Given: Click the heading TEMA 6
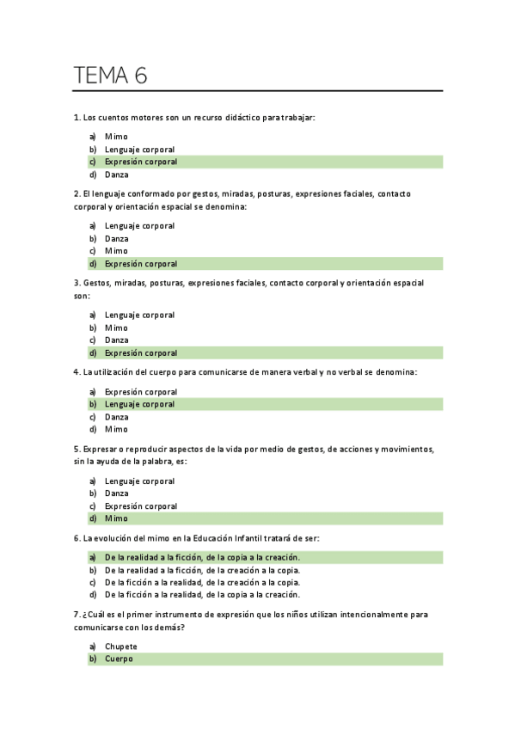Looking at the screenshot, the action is tap(111, 76).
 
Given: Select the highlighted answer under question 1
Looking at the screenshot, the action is tap(141, 162).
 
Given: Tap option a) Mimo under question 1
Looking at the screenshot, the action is tap(116, 137).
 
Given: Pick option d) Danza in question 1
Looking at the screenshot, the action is tap(117, 175).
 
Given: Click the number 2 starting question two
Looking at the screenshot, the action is tap(77, 194).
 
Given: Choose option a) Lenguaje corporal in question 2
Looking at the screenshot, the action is tap(139, 226).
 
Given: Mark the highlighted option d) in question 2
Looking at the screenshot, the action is tap(141, 264).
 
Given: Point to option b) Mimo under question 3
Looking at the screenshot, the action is tap(116, 328).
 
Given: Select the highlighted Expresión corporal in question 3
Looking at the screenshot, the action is tap(141, 352).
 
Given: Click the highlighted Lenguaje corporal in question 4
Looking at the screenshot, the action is tap(139, 404).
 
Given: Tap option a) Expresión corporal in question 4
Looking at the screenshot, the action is tap(141, 392).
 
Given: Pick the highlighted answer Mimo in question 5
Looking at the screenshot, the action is tap(116, 518).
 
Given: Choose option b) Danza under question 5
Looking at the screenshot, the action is tap(117, 493).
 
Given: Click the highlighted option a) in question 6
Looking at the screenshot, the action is tap(202, 557).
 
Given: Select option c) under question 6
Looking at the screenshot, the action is tap(202, 582).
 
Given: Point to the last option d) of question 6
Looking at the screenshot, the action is tap(202, 594).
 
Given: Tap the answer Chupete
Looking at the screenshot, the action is tap(121, 646).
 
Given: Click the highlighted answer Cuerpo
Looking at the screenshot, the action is tap(119, 659).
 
